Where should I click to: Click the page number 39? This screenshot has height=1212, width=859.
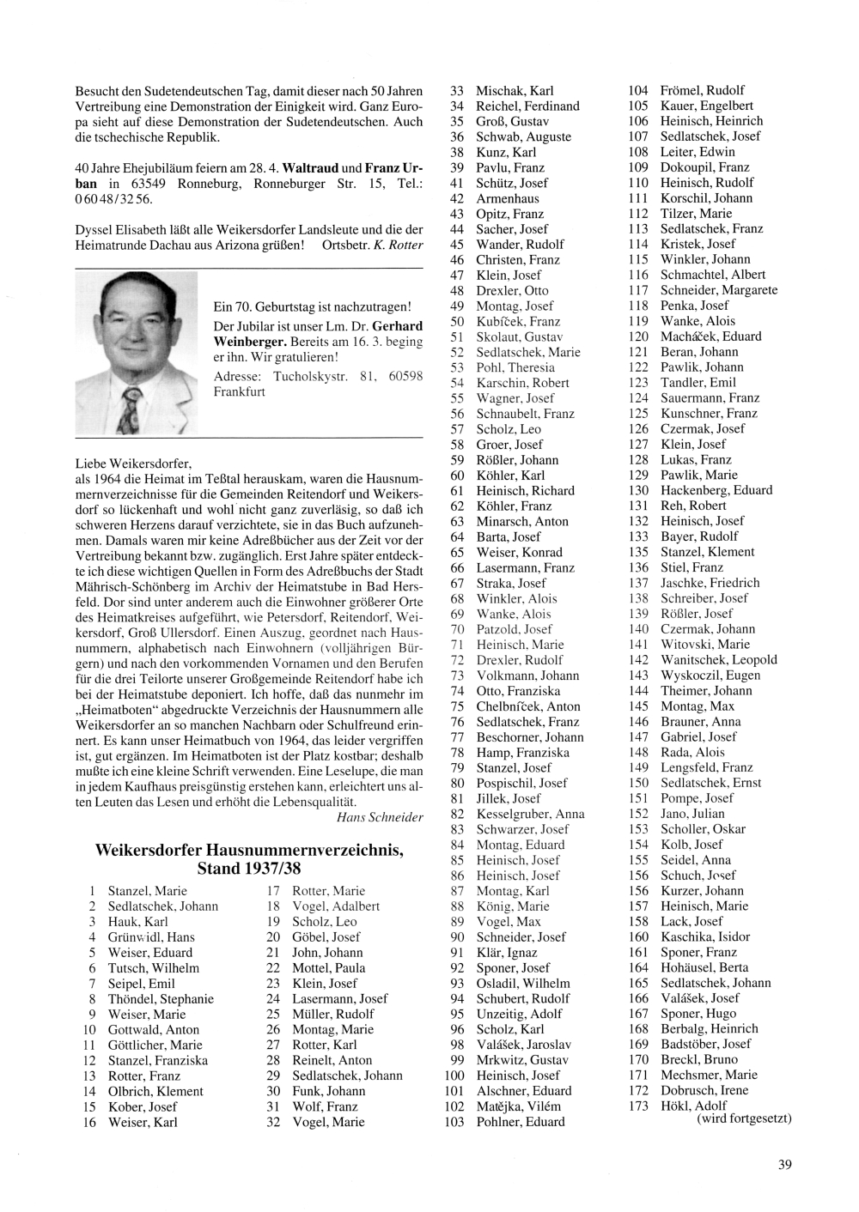point(784,1165)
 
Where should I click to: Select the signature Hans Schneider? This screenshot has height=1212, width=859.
point(381,817)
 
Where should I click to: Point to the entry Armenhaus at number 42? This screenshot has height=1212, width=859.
point(508,198)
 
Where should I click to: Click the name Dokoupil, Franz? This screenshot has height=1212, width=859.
point(704,167)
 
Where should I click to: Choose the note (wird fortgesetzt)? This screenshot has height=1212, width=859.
point(744,1118)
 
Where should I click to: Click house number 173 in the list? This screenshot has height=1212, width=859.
point(638,1106)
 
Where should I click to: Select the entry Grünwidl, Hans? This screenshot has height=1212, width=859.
point(151,937)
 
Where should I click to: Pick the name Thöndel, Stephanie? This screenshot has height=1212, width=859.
point(161,999)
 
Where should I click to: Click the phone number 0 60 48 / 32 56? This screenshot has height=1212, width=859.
point(113,199)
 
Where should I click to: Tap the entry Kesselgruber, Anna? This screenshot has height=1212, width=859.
point(530,814)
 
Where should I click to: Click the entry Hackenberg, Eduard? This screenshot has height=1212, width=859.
point(716,490)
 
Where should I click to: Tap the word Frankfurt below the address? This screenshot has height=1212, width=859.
point(240,392)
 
